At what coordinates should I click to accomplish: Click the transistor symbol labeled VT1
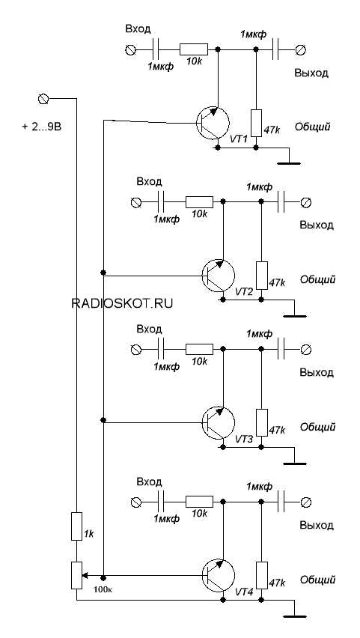pyautogui.click(x=213, y=122)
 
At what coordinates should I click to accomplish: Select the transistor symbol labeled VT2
pyautogui.click(x=219, y=276)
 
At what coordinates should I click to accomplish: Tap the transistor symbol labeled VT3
pyautogui.click(x=219, y=423)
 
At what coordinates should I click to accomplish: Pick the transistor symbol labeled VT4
pyautogui.click(x=219, y=576)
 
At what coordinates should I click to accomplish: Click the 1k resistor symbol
pyautogui.click(x=76, y=526)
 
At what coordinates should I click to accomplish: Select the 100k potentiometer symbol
pyautogui.click(x=76, y=575)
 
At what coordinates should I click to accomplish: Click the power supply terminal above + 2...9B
pyautogui.click(x=43, y=98)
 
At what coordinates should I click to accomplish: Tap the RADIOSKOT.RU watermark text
pyautogui.click(x=122, y=303)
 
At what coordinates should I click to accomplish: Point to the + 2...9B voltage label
pyautogui.click(x=41, y=127)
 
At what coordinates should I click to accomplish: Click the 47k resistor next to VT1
pyautogui.click(x=256, y=123)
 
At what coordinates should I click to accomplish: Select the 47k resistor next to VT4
pyautogui.click(x=262, y=575)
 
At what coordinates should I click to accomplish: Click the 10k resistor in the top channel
pyautogui.click(x=194, y=49)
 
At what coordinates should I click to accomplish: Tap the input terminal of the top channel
pyautogui.click(x=131, y=49)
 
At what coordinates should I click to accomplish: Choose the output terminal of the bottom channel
pyautogui.click(x=306, y=502)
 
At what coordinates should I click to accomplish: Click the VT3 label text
pyautogui.click(x=245, y=440)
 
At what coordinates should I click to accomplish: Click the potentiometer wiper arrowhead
pyautogui.click(x=85, y=576)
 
